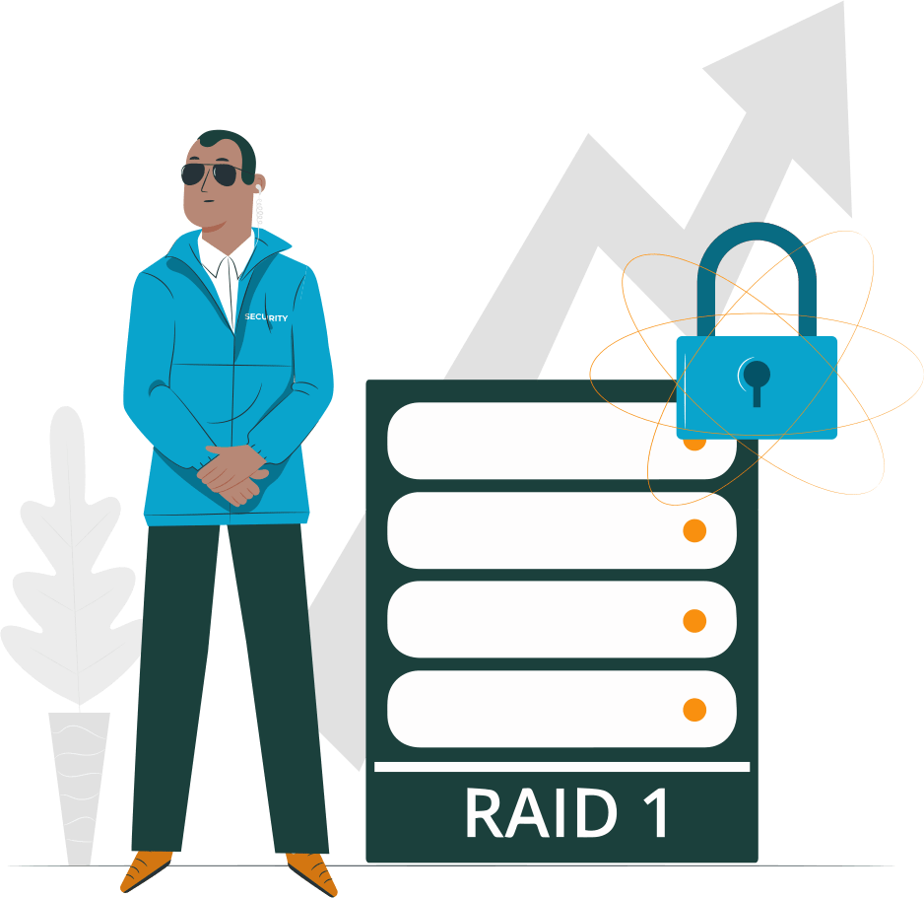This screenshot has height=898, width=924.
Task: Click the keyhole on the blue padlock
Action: (x=757, y=379)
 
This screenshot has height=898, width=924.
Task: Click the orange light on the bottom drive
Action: (x=694, y=709)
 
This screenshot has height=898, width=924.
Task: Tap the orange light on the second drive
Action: (x=694, y=531)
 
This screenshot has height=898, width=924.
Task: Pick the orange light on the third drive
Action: (x=694, y=620)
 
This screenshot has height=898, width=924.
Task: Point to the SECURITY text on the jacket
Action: (x=266, y=317)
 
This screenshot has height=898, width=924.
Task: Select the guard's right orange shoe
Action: (x=311, y=871)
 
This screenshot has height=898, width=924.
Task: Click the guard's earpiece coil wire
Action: (x=259, y=208)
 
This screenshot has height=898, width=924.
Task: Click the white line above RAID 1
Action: (x=561, y=767)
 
